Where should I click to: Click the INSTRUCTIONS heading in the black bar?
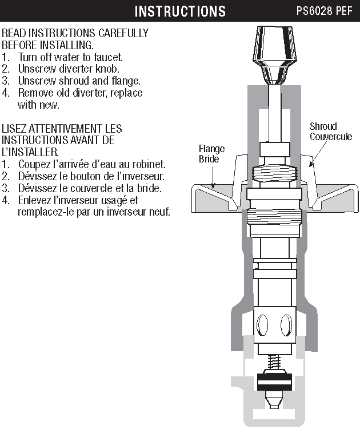point(180,11)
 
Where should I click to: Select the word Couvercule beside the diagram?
point(331,137)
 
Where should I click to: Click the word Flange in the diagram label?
point(211,149)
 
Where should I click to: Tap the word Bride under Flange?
point(209,159)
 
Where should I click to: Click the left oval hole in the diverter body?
point(262,327)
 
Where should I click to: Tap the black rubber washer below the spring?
point(274,380)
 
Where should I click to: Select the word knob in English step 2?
point(109,69)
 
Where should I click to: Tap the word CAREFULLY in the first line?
point(119,33)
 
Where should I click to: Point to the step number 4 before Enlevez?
point(5,200)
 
